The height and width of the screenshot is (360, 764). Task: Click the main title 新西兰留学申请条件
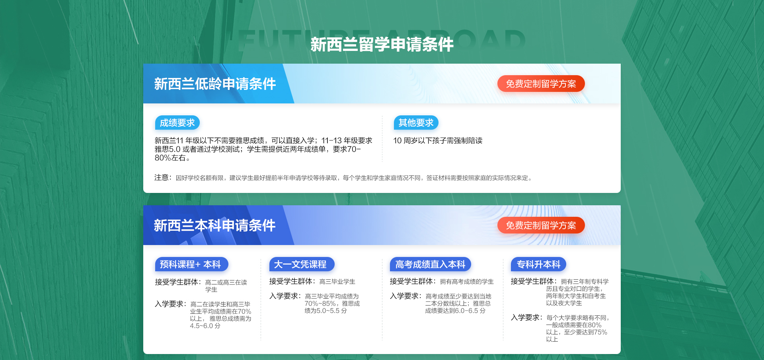pyautogui.click(x=382, y=44)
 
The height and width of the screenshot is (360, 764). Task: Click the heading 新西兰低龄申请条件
pyautogui.click(x=215, y=84)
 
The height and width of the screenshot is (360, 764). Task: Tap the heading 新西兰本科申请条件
pyautogui.click(x=215, y=226)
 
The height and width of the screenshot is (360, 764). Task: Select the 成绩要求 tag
pyautogui.click(x=177, y=123)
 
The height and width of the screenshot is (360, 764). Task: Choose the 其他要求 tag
pyautogui.click(x=416, y=123)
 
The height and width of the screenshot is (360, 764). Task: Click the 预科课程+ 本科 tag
pyautogui.click(x=191, y=265)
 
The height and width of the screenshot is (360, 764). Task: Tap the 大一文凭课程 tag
pyautogui.click(x=302, y=265)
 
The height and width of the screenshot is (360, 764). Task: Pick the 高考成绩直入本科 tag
pyautogui.click(x=431, y=265)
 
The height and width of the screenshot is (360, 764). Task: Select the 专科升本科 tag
pyautogui.click(x=538, y=265)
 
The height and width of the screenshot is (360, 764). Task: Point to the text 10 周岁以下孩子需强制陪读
pyautogui.click(x=438, y=140)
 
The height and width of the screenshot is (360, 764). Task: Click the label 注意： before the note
pyautogui.click(x=163, y=177)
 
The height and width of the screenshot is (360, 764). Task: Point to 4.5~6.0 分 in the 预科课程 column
pyautogui.click(x=205, y=326)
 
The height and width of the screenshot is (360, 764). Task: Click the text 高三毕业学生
pyautogui.click(x=337, y=282)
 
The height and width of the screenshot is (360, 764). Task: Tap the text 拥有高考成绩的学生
pyautogui.click(x=467, y=282)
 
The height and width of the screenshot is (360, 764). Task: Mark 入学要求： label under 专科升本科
pyautogui.click(x=527, y=317)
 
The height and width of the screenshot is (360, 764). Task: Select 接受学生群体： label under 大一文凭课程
pyautogui.click(x=293, y=281)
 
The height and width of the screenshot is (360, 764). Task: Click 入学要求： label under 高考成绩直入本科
pyautogui.click(x=406, y=296)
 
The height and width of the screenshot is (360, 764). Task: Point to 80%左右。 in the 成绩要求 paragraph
pyautogui.click(x=172, y=158)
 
